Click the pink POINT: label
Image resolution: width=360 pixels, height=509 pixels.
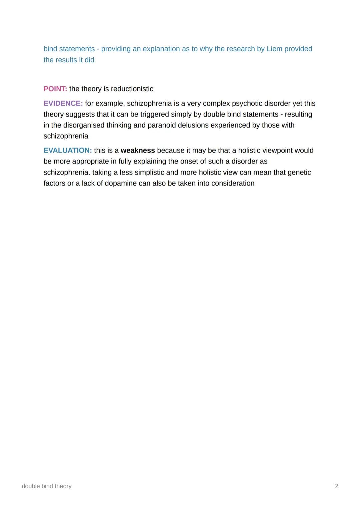(55, 89)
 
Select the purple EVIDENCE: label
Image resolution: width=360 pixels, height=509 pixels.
(63, 103)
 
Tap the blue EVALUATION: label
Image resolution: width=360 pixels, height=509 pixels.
(68, 151)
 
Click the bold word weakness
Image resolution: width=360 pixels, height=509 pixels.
(138, 151)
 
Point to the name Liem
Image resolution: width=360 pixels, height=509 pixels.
(274, 49)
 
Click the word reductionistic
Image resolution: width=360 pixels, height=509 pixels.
(132, 89)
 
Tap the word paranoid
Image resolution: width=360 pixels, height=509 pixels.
(161, 125)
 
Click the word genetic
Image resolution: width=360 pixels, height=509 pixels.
(299, 173)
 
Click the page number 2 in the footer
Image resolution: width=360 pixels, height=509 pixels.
(337, 486)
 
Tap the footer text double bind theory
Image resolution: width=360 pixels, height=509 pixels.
(47, 486)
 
